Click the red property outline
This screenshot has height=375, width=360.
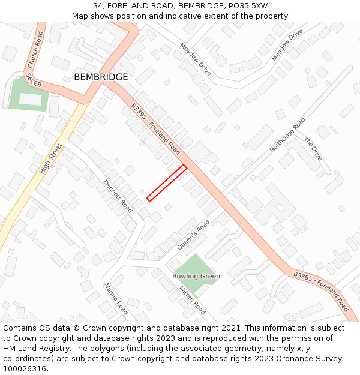(x=166, y=182)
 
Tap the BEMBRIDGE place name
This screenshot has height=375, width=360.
(x=101, y=77)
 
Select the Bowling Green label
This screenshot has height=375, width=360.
(x=196, y=277)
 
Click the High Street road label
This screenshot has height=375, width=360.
(x=51, y=158)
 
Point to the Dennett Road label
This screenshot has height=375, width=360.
(x=118, y=197)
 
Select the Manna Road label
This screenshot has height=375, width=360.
(x=116, y=299)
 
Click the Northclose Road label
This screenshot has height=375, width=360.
(x=287, y=134)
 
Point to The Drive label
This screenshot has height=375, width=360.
(x=313, y=149)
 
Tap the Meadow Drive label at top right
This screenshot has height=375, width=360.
(x=287, y=44)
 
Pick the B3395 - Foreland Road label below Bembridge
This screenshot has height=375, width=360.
(x=156, y=129)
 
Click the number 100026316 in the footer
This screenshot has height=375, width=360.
(x=25, y=368)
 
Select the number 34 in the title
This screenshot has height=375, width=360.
(x=98, y=6)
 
